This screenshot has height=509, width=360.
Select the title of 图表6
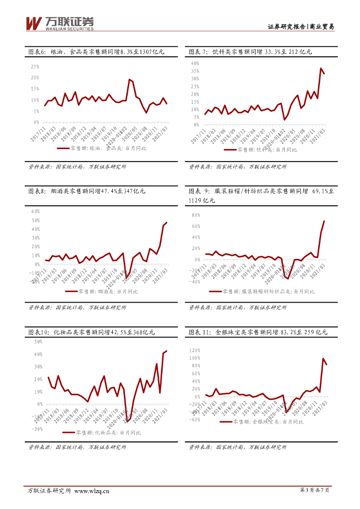(x=94, y=51)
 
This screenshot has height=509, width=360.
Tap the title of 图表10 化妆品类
(x=91, y=332)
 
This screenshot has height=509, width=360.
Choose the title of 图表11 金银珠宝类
(x=258, y=332)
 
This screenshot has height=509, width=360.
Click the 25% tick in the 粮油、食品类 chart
(x=35, y=66)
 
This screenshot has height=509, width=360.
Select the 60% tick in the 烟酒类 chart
(x=35, y=211)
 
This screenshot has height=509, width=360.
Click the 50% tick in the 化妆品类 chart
(x=38, y=342)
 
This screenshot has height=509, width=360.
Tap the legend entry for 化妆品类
(x=107, y=432)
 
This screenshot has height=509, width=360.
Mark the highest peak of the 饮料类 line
(x=321, y=68)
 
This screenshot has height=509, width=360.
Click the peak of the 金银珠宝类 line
(x=323, y=358)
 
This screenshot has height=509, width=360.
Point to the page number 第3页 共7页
(x=315, y=491)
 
